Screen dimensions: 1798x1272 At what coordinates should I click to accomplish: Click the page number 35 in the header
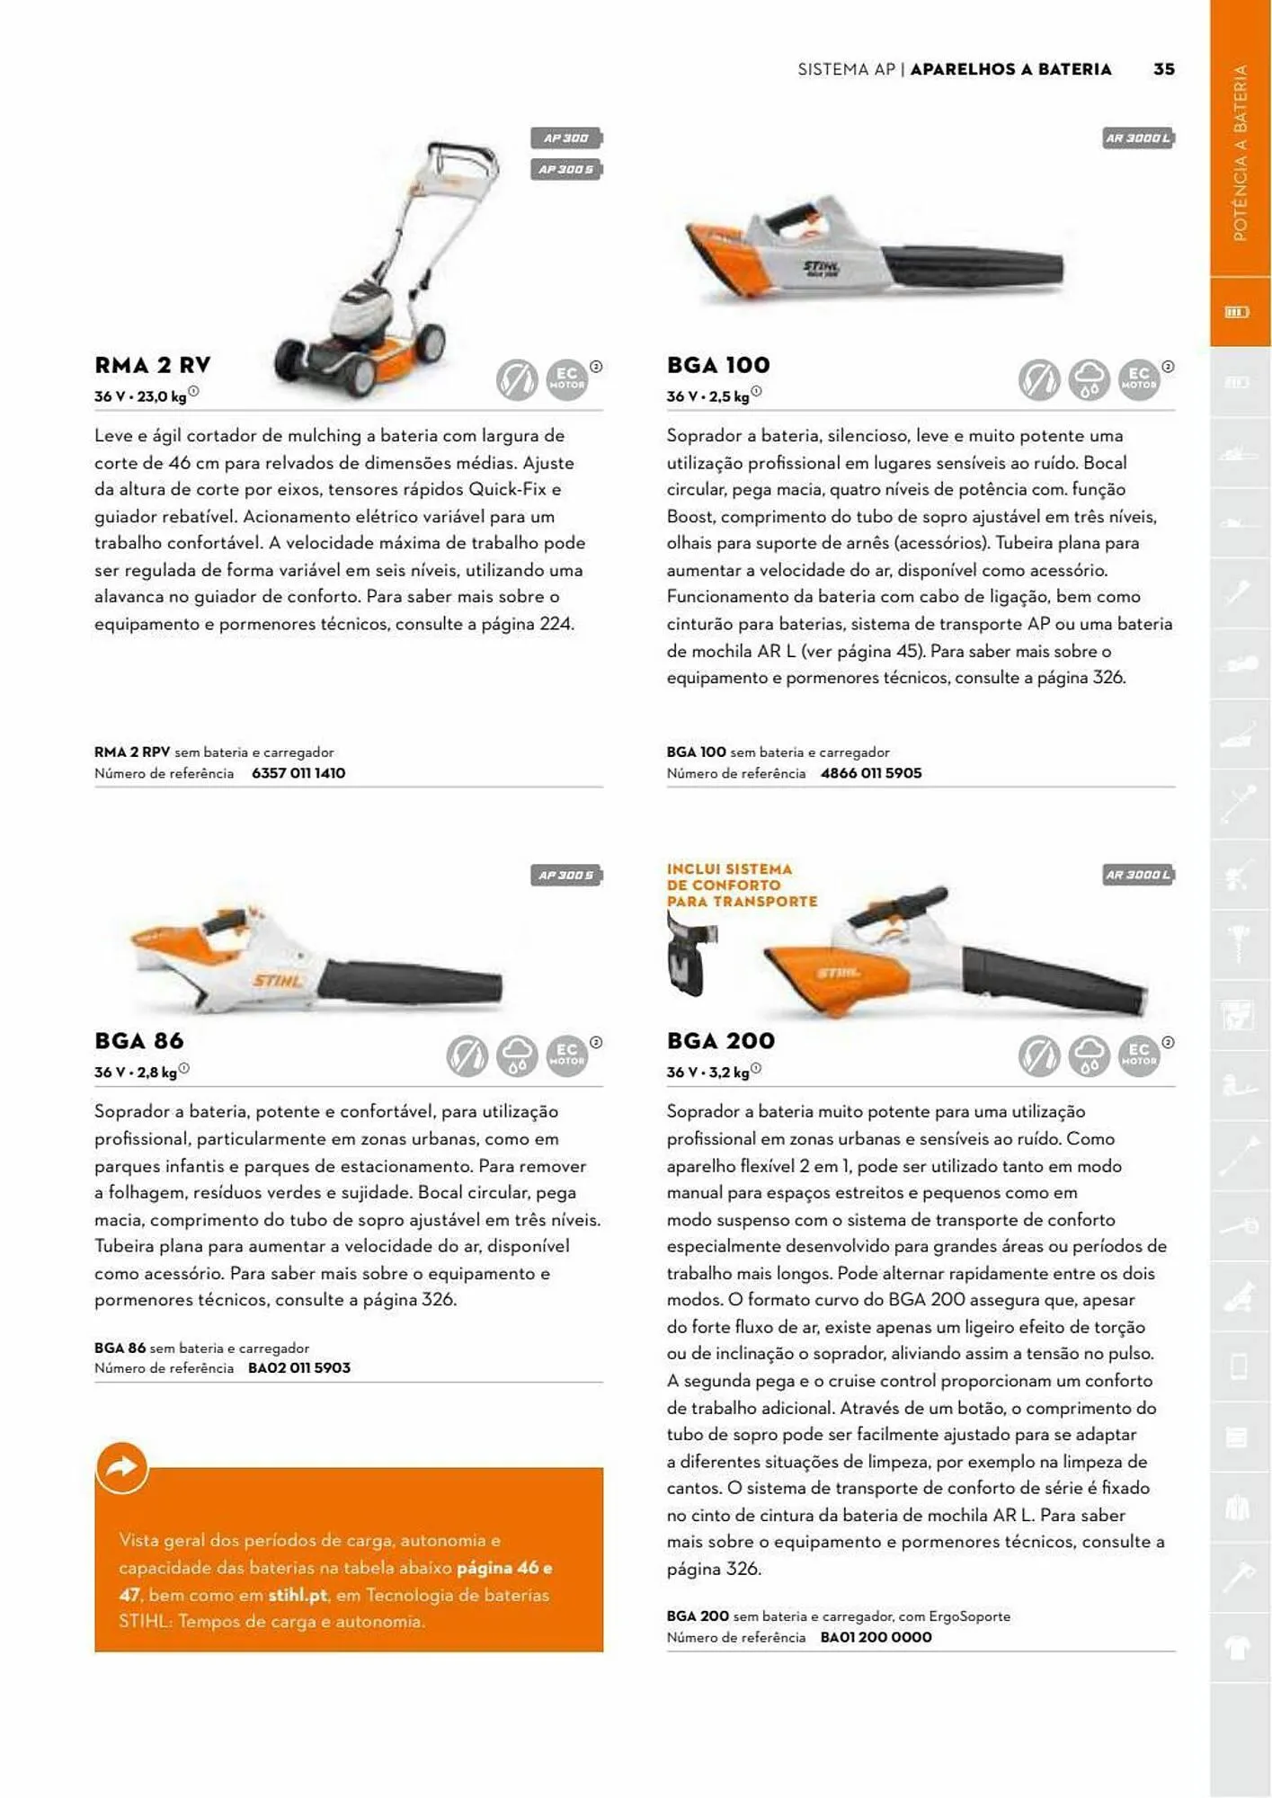(x=1163, y=69)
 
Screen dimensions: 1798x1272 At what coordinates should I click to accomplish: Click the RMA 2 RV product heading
(x=153, y=365)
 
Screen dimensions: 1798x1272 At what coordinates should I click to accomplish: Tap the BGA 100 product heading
(x=718, y=365)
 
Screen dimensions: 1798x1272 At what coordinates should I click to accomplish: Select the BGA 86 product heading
(x=139, y=1041)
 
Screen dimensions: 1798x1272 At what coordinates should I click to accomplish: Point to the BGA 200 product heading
(x=720, y=1041)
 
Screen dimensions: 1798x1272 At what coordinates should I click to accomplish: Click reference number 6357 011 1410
(x=298, y=773)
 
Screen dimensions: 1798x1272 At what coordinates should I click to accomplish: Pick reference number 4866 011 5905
(x=871, y=773)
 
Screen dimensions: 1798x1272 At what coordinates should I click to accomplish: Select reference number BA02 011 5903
(x=299, y=1368)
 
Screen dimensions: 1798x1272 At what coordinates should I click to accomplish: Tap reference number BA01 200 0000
(x=876, y=1637)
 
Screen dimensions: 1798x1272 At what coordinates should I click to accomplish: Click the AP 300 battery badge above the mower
(x=565, y=138)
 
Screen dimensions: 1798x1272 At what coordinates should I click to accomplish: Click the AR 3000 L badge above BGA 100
(x=1138, y=138)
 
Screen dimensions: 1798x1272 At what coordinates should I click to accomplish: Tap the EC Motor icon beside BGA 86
(x=566, y=1055)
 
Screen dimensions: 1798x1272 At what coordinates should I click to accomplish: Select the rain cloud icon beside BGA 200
(x=1089, y=1055)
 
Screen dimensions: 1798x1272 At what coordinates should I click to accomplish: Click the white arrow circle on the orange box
(x=121, y=1467)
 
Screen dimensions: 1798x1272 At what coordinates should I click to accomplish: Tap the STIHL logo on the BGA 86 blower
(x=276, y=980)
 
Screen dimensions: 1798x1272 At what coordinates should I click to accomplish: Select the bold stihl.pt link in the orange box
(x=297, y=1595)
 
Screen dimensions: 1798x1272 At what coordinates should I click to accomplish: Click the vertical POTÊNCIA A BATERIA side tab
(x=1240, y=153)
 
